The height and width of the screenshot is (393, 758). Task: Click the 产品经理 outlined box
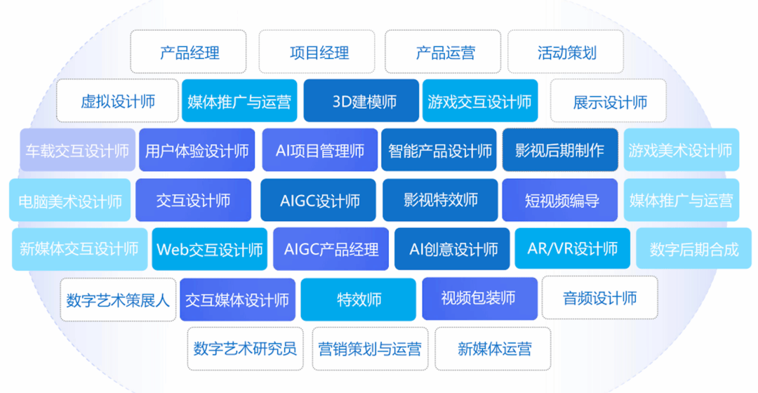pyautogui.click(x=189, y=52)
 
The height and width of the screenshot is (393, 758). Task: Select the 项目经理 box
pyautogui.click(x=317, y=52)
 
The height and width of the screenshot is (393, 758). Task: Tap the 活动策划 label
pyautogui.click(x=566, y=52)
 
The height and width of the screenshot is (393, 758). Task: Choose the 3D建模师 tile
pyautogui.click(x=361, y=100)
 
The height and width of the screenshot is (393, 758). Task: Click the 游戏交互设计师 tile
pyautogui.click(x=480, y=100)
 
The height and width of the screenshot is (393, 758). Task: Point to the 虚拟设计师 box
pyautogui.click(x=117, y=100)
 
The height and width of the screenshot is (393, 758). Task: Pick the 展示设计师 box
pyautogui.click(x=608, y=100)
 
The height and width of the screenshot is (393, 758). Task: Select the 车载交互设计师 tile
pyautogui.click(x=77, y=150)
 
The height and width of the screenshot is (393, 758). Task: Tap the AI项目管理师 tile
pyautogui.click(x=320, y=150)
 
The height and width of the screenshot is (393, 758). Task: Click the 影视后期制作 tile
pyautogui.click(x=560, y=150)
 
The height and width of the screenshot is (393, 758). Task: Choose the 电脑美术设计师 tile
pyautogui.click(x=69, y=200)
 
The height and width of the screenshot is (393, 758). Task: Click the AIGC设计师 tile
pyautogui.click(x=318, y=200)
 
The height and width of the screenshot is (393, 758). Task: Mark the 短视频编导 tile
pyautogui.click(x=560, y=200)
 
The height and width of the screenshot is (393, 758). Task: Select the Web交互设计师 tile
pyautogui.click(x=210, y=249)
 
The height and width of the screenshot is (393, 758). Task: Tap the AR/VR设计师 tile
pyautogui.click(x=573, y=248)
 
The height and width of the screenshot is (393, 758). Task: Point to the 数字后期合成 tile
pyautogui.click(x=693, y=248)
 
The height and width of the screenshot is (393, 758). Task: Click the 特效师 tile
pyautogui.click(x=358, y=300)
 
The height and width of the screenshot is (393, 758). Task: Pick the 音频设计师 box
pyautogui.click(x=599, y=298)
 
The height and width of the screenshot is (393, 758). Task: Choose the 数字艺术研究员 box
pyautogui.click(x=245, y=349)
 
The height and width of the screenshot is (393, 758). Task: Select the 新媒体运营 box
pyautogui.click(x=493, y=349)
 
